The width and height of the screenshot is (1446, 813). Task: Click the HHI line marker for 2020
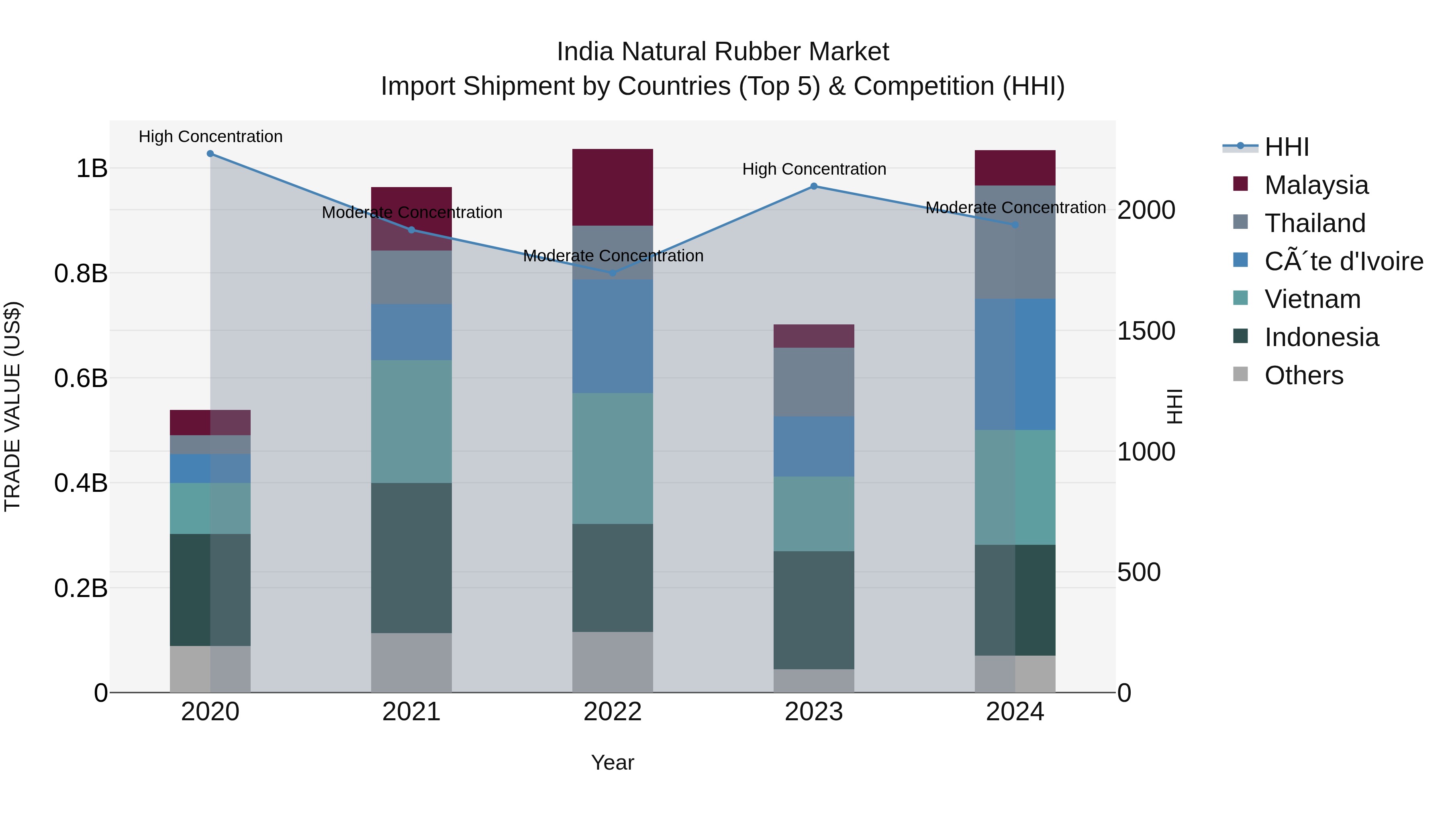click(210, 153)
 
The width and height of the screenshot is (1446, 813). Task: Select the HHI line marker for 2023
click(813, 186)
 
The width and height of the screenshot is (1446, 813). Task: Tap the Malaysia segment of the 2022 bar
click(613, 187)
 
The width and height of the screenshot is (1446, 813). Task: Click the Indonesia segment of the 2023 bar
click(813, 610)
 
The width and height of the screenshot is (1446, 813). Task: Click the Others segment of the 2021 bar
click(411, 662)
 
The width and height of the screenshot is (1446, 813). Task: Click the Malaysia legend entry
click(1316, 185)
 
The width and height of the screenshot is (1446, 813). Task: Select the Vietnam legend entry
click(1312, 299)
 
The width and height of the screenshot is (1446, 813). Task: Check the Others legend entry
click(1303, 375)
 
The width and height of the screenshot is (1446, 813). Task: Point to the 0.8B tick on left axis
click(81, 274)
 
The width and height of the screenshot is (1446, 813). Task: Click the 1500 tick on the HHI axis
click(1146, 331)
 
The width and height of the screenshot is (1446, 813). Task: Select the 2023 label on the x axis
click(813, 712)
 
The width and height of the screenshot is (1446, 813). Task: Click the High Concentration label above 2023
click(814, 169)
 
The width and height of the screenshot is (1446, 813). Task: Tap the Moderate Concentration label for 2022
click(613, 256)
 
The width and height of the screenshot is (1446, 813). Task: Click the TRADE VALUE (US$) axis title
click(12, 406)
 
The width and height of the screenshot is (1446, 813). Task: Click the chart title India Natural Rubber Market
click(723, 52)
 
